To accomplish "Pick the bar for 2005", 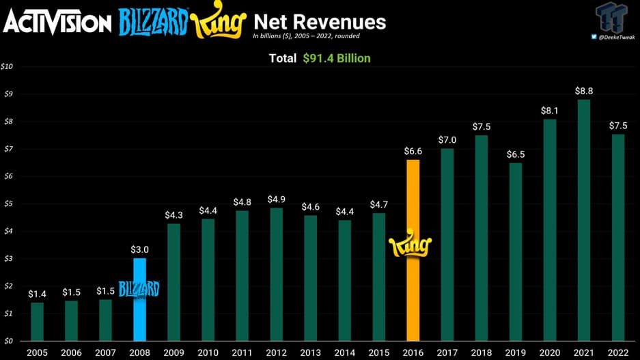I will [x=37, y=321].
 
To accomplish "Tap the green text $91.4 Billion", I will [x=337, y=59].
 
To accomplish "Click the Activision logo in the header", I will [x=57, y=23].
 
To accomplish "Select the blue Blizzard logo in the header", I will [x=152, y=23].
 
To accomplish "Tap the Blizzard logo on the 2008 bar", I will [x=139, y=289].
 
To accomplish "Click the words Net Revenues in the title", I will [x=320, y=21].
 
